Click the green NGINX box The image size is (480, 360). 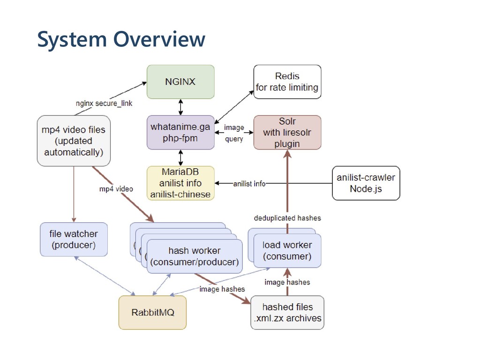click(180, 82)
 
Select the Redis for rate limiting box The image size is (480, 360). click(287, 82)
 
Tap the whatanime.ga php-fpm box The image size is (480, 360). click(180, 132)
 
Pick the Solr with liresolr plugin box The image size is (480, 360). click(287, 132)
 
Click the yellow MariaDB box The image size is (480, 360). click(180, 183)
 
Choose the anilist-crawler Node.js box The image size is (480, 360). click(366, 183)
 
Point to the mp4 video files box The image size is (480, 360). click(74, 141)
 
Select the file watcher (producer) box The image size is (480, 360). click(74, 240)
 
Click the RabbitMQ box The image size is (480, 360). click(152, 312)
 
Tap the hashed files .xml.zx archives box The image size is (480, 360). click(287, 312)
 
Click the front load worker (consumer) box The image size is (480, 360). click(287, 251)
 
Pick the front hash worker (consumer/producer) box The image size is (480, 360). click(195, 256)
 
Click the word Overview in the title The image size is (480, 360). click(159, 39)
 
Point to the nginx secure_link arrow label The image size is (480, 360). click(104, 104)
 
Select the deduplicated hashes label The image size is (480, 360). click(287, 218)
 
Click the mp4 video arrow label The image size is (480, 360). click(116, 189)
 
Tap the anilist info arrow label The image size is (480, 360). click(249, 184)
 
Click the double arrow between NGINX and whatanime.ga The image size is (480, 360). click(180, 107)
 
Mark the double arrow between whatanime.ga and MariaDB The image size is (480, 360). click(180, 158)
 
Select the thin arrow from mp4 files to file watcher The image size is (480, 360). click(74, 195)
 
